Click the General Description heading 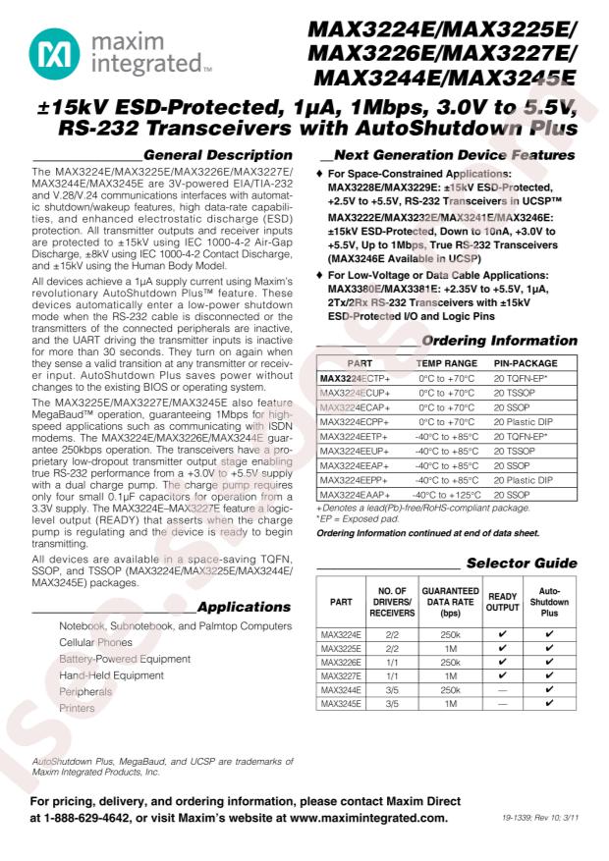point(217,155)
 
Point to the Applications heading point(245,607)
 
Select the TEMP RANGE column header point(447,363)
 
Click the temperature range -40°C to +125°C point(447,495)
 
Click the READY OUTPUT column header point(503,602)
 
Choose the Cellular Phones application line point(94,642)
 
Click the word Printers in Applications point(78,708)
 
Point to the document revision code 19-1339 point(516,817)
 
